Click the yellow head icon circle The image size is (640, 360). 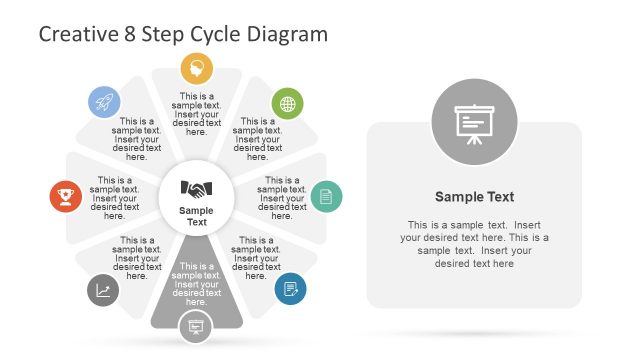click(x=197, y=69)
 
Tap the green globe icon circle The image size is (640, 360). click(x=288, y=103)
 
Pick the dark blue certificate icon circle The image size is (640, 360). click(x=290, y=289)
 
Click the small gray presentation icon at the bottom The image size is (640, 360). click(x=196, y=327)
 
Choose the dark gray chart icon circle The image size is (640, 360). click(x=103, y=290)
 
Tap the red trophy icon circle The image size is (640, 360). click(x=66, y=196)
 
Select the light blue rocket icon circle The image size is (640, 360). click(x=103, y=101)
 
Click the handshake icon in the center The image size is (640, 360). click(x=197, y=188)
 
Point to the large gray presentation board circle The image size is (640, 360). click(x=474, y=123)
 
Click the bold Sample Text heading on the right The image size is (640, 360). click(x=474, y=197)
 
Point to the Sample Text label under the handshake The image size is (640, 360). click(x=197, y=216)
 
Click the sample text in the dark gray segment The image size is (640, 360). click(x=197, y=284)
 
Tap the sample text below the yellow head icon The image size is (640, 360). click(x=197, y=114)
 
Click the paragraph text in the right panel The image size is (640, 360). click(x=474, y=244)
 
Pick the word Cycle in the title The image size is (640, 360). click(x=222, y=34)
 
